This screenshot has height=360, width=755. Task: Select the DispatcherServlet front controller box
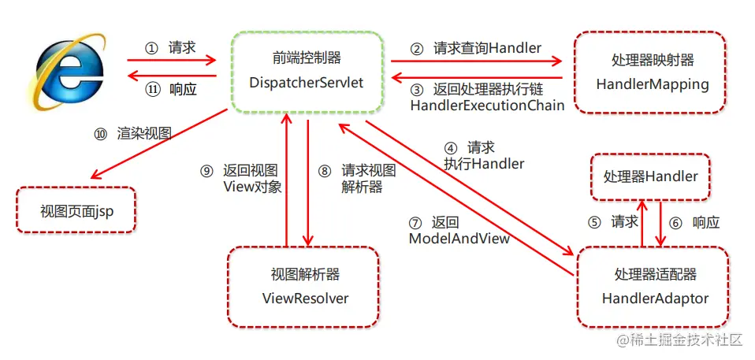307,71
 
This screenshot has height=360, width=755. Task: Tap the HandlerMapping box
649,72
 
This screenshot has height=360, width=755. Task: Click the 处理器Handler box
649,176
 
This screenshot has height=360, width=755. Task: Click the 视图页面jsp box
76,210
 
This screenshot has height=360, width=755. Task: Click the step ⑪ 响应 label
172,89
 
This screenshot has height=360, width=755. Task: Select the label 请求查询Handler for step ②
476,48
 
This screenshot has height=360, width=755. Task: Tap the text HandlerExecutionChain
487,106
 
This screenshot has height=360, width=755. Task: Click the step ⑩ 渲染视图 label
133,133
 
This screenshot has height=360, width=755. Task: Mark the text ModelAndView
459,237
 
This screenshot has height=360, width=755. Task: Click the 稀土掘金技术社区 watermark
680,340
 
